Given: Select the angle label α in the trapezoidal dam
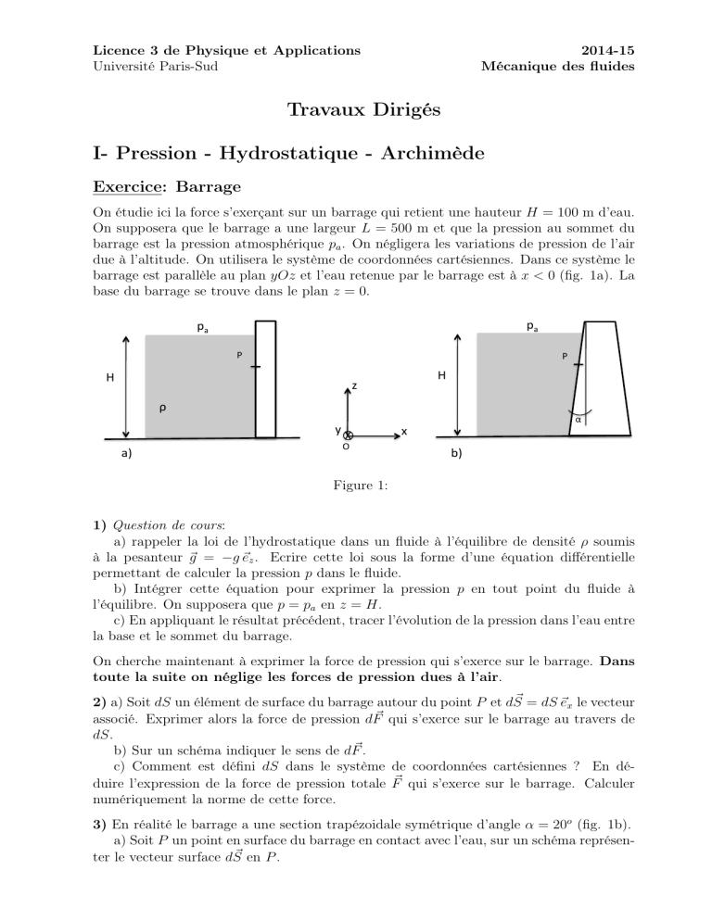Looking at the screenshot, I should click(x=579, y=419).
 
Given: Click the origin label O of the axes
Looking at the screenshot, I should click(x=345, y=448).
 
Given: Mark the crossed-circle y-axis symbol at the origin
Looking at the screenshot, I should click(x=348, y=435).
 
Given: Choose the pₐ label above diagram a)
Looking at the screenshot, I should click(x=201, y=326).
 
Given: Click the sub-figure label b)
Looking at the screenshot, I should click(x=457, y=454).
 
